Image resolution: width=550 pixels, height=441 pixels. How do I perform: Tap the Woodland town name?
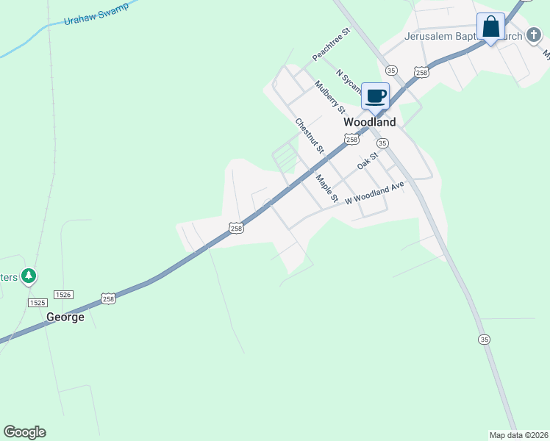[370, 122]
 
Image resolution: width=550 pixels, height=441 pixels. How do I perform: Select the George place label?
[65, 318]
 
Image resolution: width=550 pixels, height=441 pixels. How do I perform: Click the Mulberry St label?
[329, 97]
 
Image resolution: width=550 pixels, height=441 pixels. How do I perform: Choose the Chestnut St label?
[310, 135]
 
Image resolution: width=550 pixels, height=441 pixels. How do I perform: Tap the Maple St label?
[326, 188]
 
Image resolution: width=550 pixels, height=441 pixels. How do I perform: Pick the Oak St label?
[368, 161]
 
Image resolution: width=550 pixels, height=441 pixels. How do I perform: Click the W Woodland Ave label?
[375, 193]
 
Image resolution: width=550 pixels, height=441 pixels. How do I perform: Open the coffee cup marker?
[376, 96]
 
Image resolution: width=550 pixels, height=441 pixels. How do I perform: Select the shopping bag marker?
[490, 27]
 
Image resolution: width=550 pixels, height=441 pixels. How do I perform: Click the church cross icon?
[535, 35]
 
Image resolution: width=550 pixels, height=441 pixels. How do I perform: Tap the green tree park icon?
[29, 276]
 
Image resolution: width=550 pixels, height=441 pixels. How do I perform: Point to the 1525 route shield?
[38, 302]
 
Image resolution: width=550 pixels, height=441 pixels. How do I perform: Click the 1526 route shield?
[63, 294]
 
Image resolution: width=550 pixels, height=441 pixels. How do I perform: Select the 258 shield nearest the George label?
[108, 298]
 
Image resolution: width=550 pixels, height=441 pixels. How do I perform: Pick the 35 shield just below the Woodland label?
[382, 143]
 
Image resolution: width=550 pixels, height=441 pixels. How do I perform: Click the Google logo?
[24, 432]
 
